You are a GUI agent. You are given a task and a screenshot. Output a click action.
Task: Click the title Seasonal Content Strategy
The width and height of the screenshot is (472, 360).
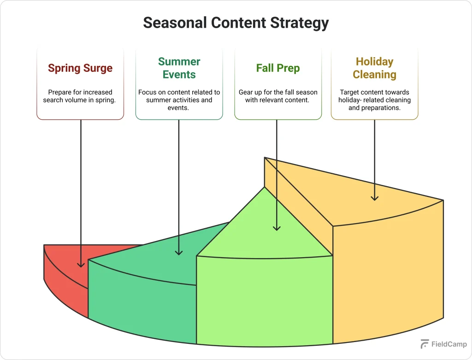tap(236, 23)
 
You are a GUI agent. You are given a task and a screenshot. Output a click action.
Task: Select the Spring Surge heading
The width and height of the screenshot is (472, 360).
tap(80, 68)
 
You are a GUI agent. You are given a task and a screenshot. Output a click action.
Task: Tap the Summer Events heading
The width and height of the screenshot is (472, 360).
tap(179, 68)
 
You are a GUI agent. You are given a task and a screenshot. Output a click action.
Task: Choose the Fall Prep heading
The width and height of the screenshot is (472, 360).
tap(278, 68)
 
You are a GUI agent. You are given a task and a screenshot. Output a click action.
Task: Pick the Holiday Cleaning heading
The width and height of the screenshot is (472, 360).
tap(374, 68)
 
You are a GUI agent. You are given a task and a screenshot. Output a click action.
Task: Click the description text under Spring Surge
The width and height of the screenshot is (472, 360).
tap(80, 96)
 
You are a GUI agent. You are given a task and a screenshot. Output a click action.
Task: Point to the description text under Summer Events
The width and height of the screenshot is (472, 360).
tap(179, 100)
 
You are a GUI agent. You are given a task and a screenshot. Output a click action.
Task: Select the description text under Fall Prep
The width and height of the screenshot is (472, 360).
tap(278, 96)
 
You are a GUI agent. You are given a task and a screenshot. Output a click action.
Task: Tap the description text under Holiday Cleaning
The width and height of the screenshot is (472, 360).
tap(374, 100)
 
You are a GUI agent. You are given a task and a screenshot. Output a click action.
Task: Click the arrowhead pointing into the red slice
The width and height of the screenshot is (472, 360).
tap(81, 265)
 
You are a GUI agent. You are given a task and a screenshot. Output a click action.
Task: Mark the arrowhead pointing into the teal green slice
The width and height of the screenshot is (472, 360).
tap(179, 252)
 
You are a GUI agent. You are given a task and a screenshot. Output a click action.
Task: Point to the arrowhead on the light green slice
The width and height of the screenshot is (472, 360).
tap(277, 227)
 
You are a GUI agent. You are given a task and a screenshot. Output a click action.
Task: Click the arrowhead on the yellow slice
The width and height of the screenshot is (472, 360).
tap(375, 198)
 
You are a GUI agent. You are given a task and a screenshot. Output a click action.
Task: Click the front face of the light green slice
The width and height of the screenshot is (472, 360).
tap(264, 300)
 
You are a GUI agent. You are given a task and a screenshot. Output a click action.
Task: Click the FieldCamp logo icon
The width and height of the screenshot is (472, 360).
tap(425, 344)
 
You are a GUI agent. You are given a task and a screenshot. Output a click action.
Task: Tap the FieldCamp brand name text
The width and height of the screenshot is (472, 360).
tap(449, 344)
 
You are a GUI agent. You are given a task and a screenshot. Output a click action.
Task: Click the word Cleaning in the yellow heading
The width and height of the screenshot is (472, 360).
tap(374, 75)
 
